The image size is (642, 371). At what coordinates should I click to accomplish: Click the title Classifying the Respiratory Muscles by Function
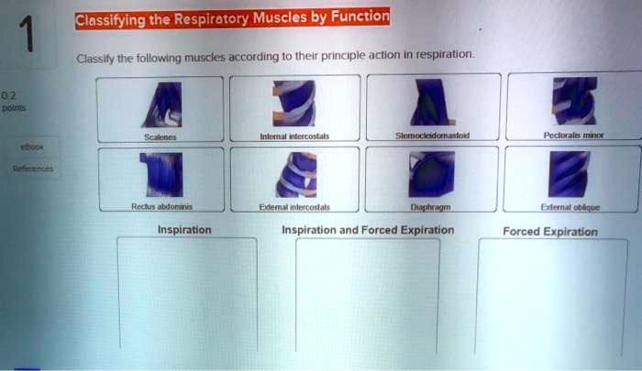click(232, 17)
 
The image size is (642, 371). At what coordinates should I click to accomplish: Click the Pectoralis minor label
click(573, 135)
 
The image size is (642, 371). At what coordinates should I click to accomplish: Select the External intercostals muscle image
click(295, 174)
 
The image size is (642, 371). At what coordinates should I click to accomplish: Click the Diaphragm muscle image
click(428, 174)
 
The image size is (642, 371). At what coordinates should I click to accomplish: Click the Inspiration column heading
click(184, 229)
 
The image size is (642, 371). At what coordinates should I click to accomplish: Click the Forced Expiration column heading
click(550, 232)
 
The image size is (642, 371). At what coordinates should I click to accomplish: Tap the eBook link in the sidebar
click(34, 146)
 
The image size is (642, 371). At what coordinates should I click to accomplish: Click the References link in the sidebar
click(34, 169)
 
